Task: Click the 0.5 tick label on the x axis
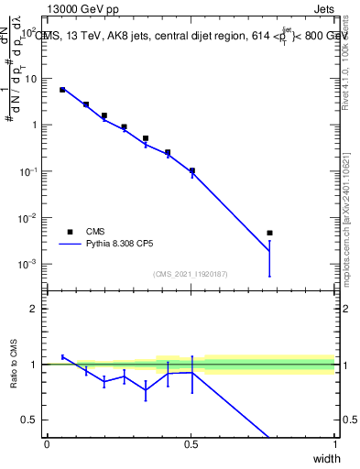pos(191,444)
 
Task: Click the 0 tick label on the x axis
pos(47,444)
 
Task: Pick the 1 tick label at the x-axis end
pos(334,444)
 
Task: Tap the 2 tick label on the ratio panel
pos(34,309)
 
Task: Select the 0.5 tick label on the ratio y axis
pos(30,420)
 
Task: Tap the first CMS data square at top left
pos(62,90)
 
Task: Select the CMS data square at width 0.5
pos(191,170)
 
